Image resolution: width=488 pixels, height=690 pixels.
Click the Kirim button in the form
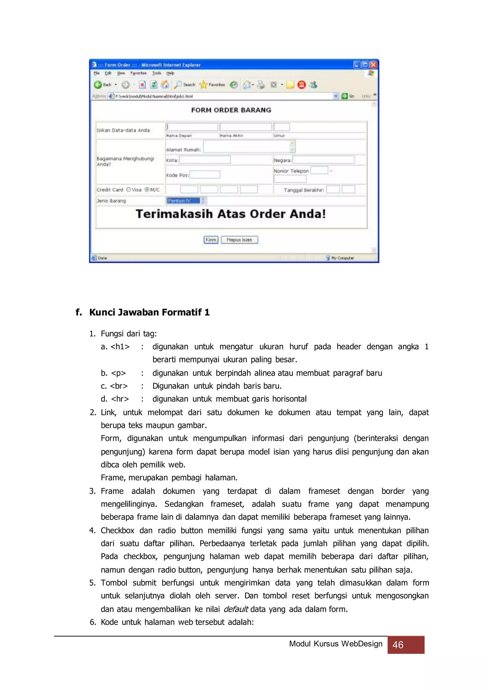coord(211,240)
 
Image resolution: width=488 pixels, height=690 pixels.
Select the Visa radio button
coord(129,190)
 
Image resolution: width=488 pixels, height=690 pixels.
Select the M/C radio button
coord(147,190)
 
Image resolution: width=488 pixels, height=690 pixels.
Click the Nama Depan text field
coord(192,127)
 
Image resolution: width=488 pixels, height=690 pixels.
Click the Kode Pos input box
coord(205,175)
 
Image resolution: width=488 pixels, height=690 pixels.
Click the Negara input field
coord(324,160)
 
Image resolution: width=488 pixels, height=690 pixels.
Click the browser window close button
coord(373,65)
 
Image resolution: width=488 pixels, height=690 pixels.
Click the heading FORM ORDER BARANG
coord(231,110)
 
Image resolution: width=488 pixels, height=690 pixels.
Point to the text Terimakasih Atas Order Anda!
coord(231,214)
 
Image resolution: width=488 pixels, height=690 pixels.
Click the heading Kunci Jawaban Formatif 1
coord(149,312)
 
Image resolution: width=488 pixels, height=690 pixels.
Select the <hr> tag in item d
coord(120,399)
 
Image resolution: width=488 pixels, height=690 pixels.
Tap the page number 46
coord(398,645)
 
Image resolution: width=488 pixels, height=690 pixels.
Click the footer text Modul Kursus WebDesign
coord(336,644)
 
